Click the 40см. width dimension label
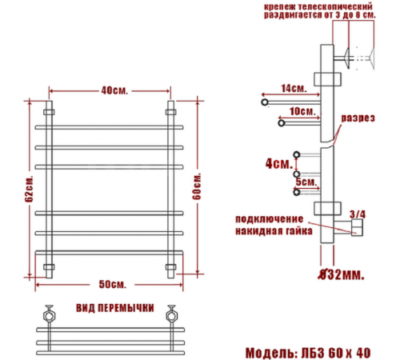114,90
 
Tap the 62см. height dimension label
29,189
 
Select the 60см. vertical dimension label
197,186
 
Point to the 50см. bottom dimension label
112,284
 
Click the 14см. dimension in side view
294,89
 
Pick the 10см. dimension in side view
302,111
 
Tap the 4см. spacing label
279,164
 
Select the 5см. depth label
306,182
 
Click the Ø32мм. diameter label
342,274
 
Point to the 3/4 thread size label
358,214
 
